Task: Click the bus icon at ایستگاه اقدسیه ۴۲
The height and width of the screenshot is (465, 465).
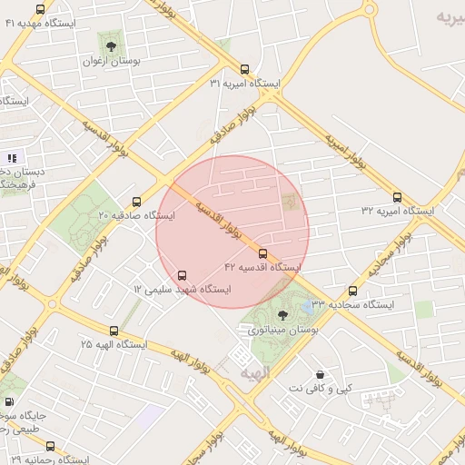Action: point(263,253)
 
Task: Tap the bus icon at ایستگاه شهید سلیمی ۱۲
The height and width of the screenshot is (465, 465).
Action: point(183,274)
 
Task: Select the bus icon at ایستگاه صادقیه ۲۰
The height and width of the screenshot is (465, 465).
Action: point(137,202)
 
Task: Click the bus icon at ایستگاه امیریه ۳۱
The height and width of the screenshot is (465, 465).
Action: point(243,69)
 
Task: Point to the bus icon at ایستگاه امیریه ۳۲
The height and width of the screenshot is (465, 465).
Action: point(397,197)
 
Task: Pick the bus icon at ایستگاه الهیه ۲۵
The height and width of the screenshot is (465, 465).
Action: point(114,331)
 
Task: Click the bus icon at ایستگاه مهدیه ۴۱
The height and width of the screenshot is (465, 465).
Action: point(40,9)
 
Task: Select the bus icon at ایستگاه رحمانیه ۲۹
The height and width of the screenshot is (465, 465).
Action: point(50,446)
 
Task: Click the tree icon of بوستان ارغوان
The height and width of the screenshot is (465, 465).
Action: point(111,45)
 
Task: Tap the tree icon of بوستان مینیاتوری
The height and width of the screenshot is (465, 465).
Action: point(282,315)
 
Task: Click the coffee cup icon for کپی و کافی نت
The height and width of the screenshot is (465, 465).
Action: point(320,374)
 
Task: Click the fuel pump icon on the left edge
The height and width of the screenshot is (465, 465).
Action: point(9,401)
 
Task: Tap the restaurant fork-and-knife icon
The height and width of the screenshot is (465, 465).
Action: point(12,158)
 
